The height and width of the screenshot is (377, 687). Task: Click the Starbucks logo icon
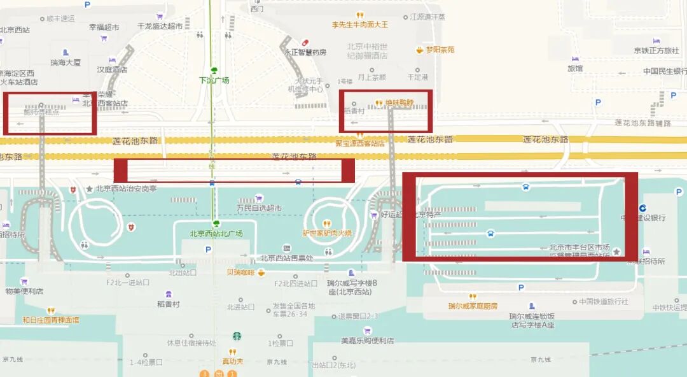[237, 336]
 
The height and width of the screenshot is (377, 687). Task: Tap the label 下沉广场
[214, 80]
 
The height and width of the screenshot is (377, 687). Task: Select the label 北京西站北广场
[216, 234]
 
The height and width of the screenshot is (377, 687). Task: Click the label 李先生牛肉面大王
[359, 25]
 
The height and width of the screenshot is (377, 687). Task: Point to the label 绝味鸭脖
[399, 103]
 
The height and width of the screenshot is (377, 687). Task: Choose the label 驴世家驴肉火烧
[327, 233]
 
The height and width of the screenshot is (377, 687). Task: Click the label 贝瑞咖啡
[240, 273]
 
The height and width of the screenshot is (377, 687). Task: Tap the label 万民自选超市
[259, 208]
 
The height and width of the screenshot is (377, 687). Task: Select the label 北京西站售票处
[287, 258]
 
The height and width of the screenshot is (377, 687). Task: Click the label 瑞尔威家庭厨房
[473, 306]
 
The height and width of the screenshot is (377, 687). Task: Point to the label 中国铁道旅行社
[604, 302]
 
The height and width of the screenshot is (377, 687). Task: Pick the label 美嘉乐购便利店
[367, 341]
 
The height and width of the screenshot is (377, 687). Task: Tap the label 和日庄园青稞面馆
[51, 320]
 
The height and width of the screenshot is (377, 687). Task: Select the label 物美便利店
[24, 291]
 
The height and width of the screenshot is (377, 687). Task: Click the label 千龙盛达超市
[160, 27]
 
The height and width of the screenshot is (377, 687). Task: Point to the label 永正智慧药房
[305, 52]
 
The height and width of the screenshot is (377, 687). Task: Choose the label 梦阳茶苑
[440, 49]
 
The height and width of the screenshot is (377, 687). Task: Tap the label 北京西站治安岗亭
[126, 188]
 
